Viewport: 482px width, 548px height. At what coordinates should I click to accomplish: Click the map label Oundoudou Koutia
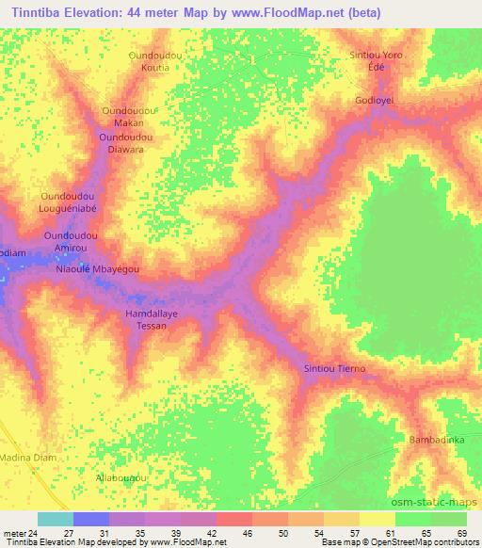[x=154, y=62]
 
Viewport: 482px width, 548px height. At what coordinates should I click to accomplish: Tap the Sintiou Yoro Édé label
[x=377, y=62]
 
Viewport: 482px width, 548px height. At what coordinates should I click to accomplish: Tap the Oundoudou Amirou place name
[x=72, y=239]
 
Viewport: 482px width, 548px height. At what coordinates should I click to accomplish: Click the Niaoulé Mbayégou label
[x=98, y=269]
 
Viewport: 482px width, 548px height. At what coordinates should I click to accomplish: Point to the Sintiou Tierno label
[x=334, y=368]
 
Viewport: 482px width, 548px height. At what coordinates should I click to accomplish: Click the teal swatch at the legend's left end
[x=55, y=519]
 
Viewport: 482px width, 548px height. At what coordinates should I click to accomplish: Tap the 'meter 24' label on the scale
[x=21, y=533]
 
